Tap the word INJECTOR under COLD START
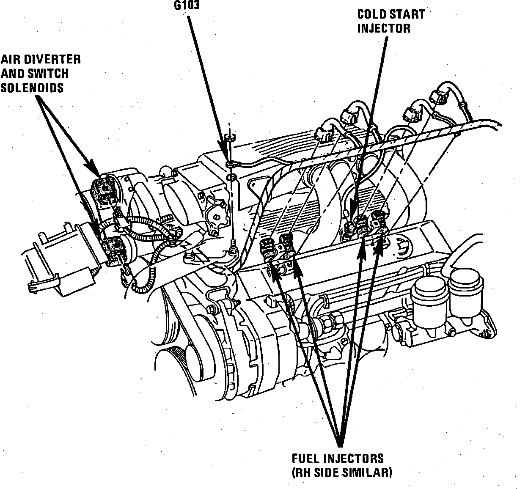(384, 28)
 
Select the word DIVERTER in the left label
(52, 59)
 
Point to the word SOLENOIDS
(32, 87)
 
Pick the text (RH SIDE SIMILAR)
(342, 472)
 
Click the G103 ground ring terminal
(230, 163)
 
